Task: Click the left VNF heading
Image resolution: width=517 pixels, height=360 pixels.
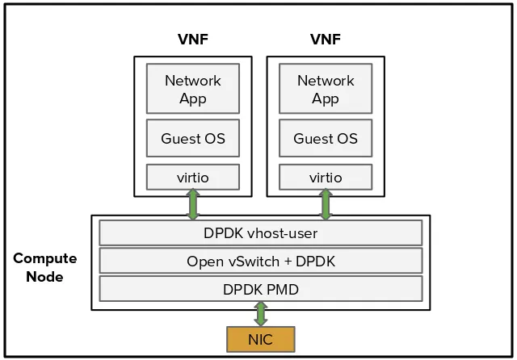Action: (192, 40)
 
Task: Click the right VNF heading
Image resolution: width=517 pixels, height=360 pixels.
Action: (326, 40)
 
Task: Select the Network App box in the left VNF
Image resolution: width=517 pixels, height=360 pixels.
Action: (192, 89)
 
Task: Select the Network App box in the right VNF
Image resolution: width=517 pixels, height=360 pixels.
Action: (326, 89)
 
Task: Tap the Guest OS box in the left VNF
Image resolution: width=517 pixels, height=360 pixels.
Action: (192, 138)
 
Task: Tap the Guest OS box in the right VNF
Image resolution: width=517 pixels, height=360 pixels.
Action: (326, 138)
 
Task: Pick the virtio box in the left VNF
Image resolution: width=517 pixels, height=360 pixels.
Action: (192, 177)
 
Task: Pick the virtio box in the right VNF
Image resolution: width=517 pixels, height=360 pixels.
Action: (326, 177)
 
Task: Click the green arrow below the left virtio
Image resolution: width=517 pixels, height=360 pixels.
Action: (193, 205)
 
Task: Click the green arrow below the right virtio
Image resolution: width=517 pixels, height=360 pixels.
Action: (326, 205)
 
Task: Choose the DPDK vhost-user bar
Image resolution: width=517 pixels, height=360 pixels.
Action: (260, 233)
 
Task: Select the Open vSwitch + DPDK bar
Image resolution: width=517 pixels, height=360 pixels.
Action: (260, 261)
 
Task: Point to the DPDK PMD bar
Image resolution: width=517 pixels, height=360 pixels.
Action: (260, 288)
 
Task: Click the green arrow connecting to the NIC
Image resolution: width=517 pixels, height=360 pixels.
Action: (260, 313)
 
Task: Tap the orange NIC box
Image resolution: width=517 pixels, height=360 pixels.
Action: (260, 340)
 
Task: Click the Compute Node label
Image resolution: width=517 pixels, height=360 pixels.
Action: (44, 267)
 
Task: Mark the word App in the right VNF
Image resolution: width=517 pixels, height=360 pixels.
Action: (326, 98)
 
